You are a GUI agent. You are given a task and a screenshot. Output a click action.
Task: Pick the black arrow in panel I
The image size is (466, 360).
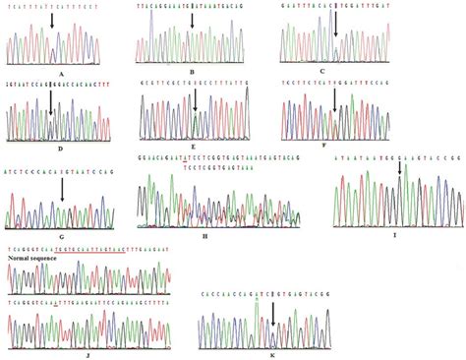[x=399, y=171]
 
